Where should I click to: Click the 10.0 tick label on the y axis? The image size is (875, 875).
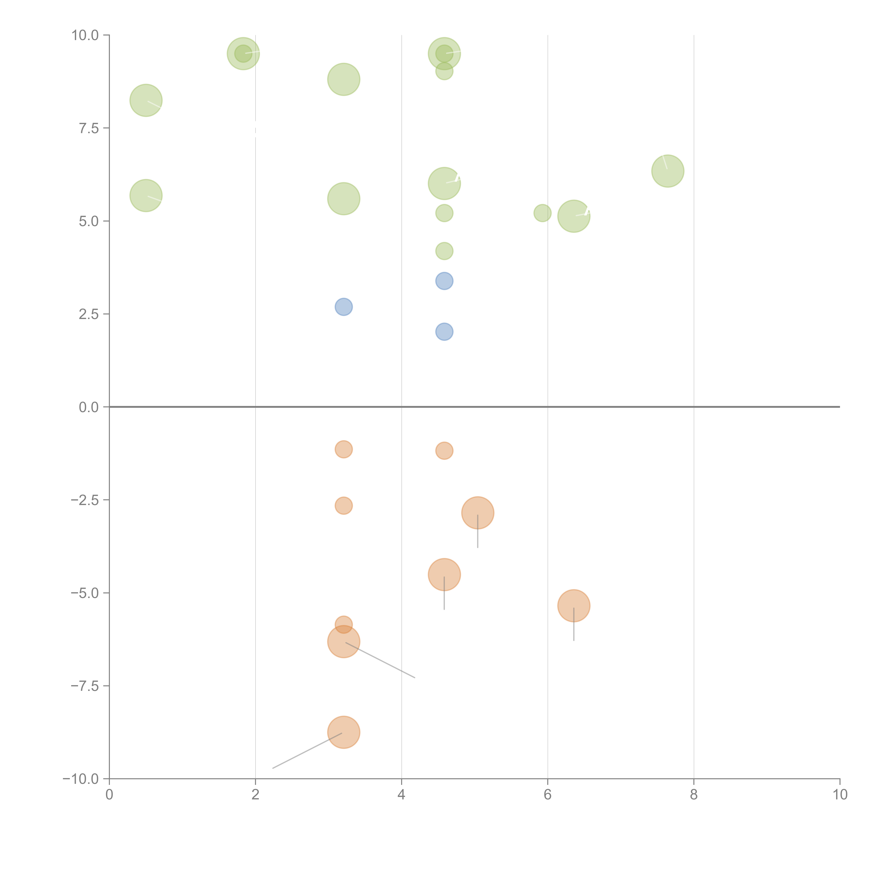pyautogui.click(x=85, y=35)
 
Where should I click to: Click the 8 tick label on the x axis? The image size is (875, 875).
pyautogui.click(x=694, y=795)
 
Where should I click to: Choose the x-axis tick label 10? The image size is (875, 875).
pyautogui.click(x=840, y=795)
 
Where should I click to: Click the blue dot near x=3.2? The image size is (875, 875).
pyautogui.click(x=344, y=307)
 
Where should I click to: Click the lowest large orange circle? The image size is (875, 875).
pyautogui.click(x=344, y=732)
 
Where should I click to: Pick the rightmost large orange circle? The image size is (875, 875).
pyautogui.click(x=574, y=606)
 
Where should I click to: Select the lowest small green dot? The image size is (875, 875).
pyautogui.click(x=444, y=251)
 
